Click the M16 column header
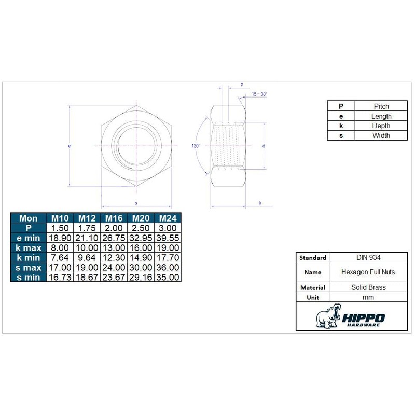[x=114, y=218]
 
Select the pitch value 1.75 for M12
[x=87, y=228]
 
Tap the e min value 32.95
[x=141, y=238]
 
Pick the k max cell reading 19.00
[x=168, y=248]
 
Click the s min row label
[x=29, y=278]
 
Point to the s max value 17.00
[x=60, y=267]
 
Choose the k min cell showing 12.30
[x=114, y=257]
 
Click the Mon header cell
[x=29, y=218]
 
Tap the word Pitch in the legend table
[x=381, y=106]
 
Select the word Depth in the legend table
[x=381, y=126]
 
